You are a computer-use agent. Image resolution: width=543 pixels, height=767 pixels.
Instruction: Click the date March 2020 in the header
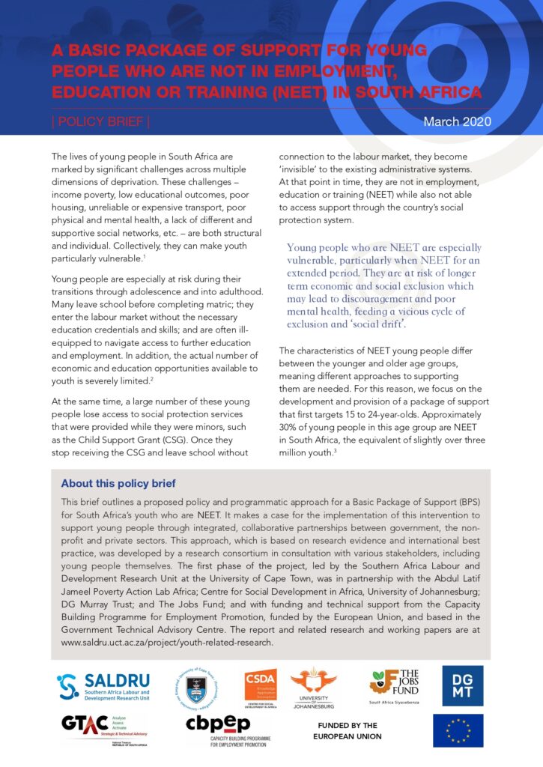coord(457,121)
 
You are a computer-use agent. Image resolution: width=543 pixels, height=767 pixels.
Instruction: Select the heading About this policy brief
coord(118,484)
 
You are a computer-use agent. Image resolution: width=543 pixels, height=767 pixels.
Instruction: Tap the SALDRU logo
coord(103,688)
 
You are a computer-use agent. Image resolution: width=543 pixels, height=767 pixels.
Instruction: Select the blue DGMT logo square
coord(462,685)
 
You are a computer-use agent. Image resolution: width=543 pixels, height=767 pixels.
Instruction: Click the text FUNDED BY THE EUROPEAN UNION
coord(348,731)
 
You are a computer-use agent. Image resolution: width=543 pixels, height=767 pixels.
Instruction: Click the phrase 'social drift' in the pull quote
coord(381,324)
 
